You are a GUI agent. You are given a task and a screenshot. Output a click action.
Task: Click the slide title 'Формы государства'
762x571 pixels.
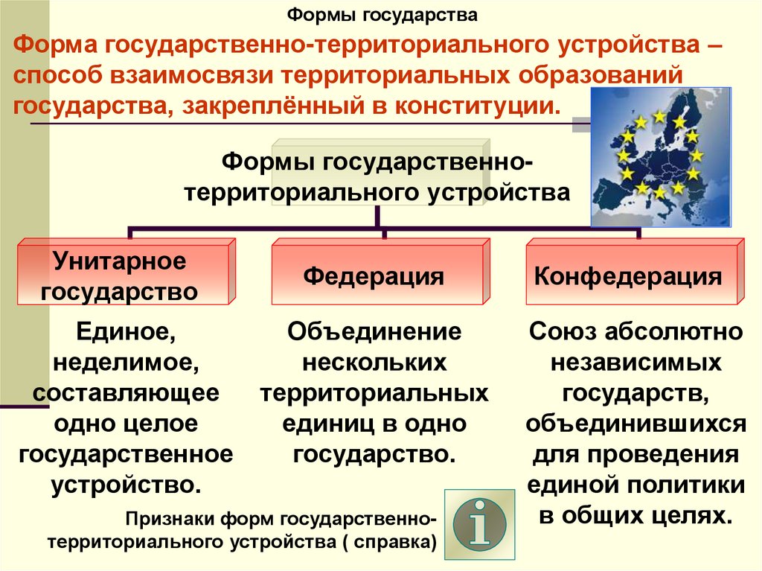coord(382,15)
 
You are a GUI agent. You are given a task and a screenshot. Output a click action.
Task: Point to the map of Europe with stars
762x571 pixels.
coord(661,156)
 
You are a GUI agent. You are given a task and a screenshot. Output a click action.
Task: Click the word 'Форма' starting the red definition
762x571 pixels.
coord(55,45)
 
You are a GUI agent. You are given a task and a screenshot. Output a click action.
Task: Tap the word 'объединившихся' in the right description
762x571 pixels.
coord(635,424)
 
